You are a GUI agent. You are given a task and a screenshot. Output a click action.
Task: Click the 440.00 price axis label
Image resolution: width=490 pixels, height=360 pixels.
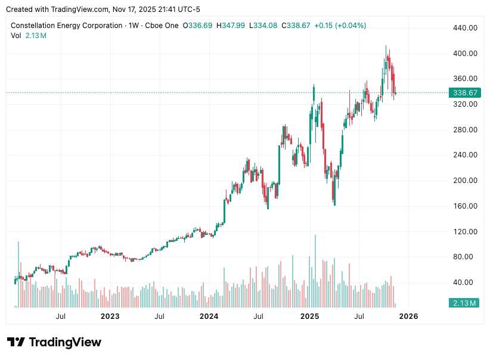[465, 28]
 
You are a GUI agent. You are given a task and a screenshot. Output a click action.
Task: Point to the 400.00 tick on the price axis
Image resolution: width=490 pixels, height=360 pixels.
[465, 54]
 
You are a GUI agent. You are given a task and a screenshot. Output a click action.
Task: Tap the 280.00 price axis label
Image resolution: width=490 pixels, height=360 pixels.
[465, 130]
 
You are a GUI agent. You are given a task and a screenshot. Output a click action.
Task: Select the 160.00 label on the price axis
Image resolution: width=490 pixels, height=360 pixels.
[465, 206]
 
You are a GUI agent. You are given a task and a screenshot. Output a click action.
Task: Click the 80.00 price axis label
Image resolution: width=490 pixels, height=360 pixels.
[467, 257]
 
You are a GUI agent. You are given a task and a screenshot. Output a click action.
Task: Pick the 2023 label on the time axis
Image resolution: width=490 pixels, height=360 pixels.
[110, 316]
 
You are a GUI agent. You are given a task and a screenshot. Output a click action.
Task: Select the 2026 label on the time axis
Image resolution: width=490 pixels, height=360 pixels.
[408, 316]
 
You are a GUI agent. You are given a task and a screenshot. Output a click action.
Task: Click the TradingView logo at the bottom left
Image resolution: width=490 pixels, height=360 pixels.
[54, 342]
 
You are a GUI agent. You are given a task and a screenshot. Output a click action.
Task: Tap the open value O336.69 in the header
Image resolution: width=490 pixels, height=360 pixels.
[197, 26]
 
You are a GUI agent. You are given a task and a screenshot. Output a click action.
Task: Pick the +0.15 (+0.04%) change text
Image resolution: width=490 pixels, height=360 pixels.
[340, 26]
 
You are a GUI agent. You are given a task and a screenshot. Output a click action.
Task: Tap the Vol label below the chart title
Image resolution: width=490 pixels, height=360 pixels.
[16, 35]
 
